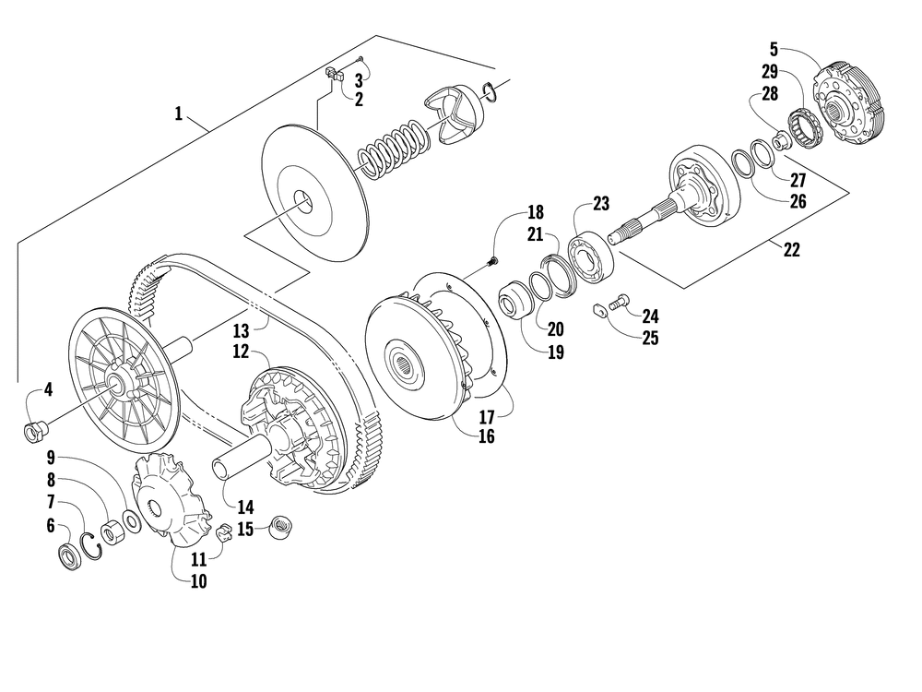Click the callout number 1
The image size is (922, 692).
click(178, 114)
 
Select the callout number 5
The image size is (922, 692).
click(774, 48)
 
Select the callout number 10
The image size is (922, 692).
click(198, 581)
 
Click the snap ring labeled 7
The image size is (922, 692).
click(92, 544)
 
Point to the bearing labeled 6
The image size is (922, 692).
click(68, 556)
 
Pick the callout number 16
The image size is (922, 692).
click(487, 436)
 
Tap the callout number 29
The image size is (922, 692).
click(771, 70)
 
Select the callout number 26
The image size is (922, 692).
click(798, 201)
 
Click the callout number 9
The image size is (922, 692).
click(52, 456)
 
